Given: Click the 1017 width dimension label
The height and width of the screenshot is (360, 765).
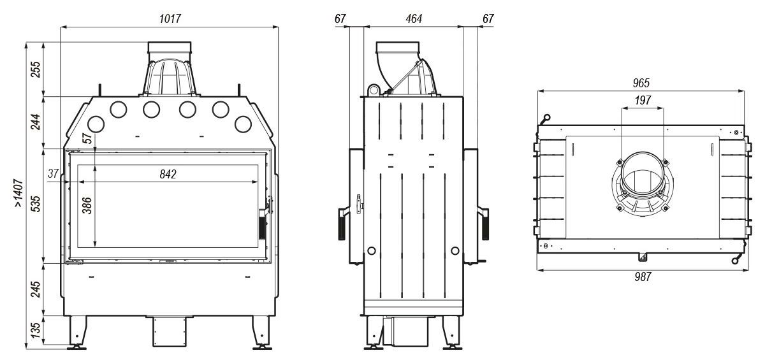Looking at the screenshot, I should click(x=170, y=19).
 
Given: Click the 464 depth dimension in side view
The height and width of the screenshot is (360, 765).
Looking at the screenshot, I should click(x=413, y=19).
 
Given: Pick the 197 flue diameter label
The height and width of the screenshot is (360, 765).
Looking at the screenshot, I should click(x=643, y=100).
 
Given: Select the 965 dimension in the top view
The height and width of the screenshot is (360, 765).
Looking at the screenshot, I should click(x=641, y=83).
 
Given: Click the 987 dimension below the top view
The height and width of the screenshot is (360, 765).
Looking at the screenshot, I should click(x=641, y=277).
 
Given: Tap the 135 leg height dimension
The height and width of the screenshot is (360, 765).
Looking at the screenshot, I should click(x=36, y=329).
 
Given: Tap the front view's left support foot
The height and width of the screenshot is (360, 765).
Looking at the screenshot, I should click(x=77, y=331).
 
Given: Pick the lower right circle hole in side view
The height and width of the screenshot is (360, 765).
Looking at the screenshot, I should click(x=455, y=250).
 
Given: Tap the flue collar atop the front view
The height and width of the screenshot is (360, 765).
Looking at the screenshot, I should click(x=170, y=49).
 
